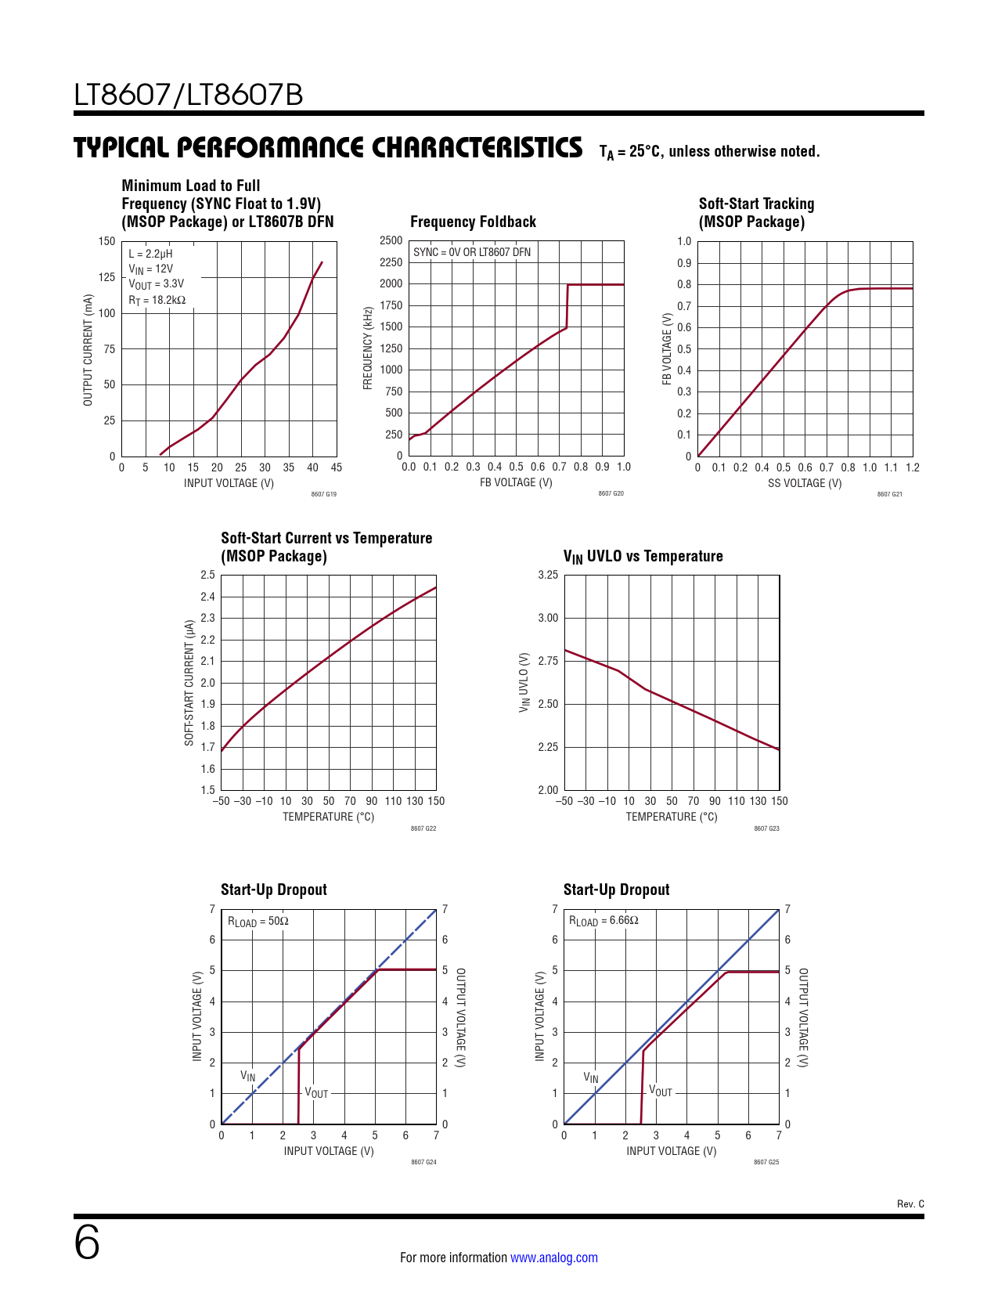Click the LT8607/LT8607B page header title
189,96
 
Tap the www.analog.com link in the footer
553,1258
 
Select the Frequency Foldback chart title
473,222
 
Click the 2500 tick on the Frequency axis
391,241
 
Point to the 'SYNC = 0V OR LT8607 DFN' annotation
472,252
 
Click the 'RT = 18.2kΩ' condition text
157,301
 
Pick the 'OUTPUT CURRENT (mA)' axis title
88,350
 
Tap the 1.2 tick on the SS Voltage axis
913,467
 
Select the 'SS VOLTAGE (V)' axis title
805,483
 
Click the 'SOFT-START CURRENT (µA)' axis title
189,683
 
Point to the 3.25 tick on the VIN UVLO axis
548,575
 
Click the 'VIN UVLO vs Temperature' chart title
643,557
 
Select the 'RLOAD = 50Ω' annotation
258,922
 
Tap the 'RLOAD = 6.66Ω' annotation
603,921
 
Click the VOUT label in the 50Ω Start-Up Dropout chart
316,1092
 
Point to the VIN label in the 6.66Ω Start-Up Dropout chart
591,1077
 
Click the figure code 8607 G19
323,494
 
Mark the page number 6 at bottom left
87,1243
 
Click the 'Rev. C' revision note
910,1204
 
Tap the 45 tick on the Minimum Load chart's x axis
337,467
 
